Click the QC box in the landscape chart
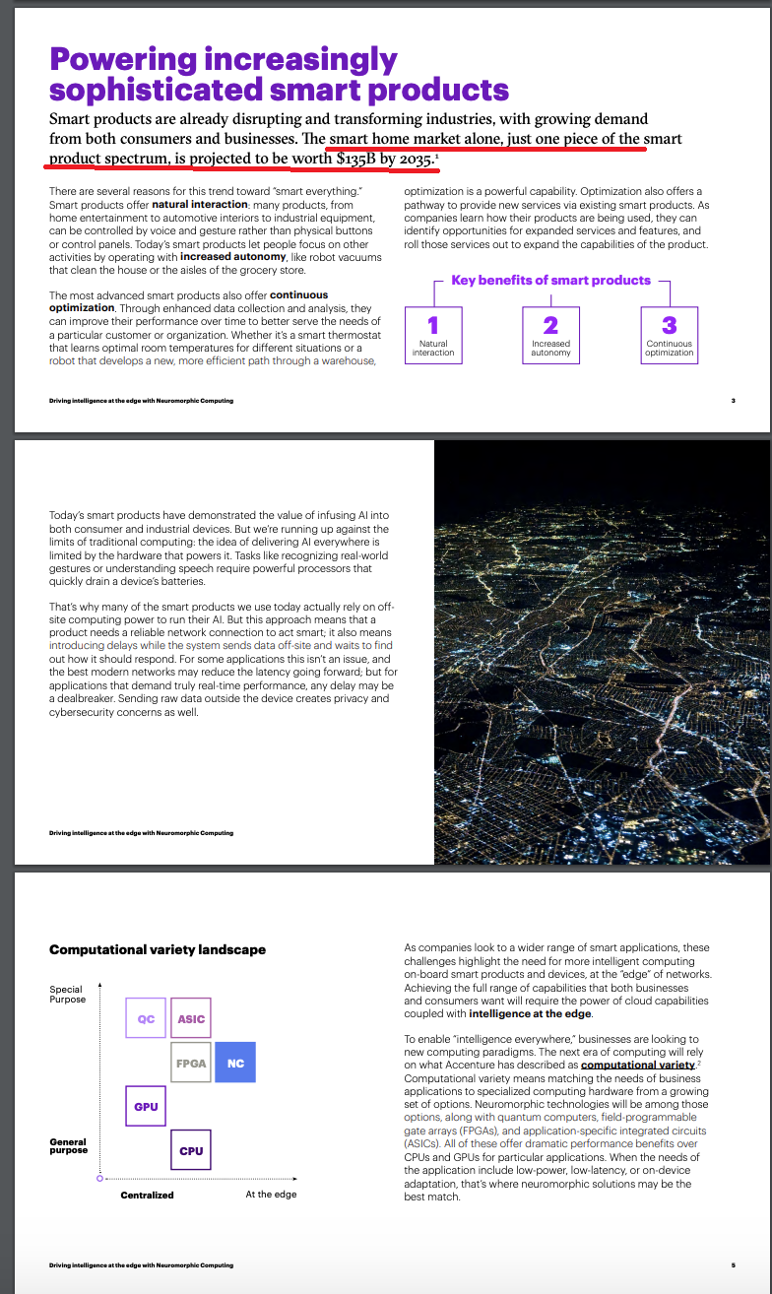[146, 1018]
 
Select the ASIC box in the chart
[191, 1018]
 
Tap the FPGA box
[191, 1063]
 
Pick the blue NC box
[235, 1063]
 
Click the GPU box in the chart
[146, 1107]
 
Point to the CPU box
[191, 1150]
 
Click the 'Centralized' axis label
[147, 1195]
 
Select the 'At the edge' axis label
[271, 1195]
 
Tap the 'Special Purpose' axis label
[67, 994]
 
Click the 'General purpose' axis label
[68, 1145]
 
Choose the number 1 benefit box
[433, 334]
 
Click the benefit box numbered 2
[550, 334]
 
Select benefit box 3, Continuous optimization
[670, 334]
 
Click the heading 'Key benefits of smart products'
[550, 281]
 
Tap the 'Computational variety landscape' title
[158, 950]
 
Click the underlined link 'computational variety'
[638, 1066]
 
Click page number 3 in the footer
[734, 401]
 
